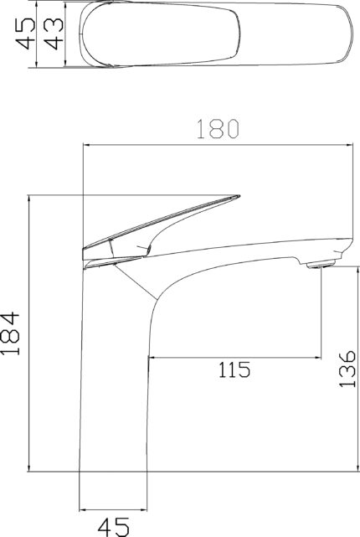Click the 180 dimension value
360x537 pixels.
219,129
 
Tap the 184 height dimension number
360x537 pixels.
10,333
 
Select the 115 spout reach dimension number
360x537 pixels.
234,369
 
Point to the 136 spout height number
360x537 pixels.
347,369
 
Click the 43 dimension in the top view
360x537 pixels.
54,34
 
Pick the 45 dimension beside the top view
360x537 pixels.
26,34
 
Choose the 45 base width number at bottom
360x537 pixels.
114,527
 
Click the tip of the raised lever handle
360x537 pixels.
239,197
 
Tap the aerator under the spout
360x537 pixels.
321,264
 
